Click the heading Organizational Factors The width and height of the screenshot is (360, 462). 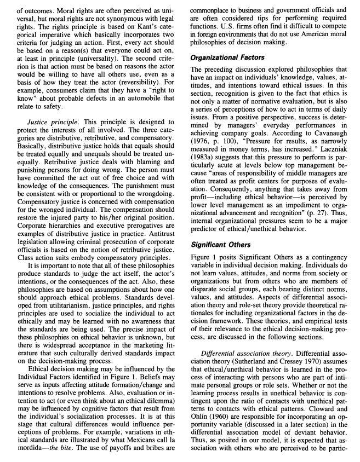pyautogui.click(x=227, y=57)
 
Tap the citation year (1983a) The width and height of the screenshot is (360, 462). pyautogui.click(x=204, y=158)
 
